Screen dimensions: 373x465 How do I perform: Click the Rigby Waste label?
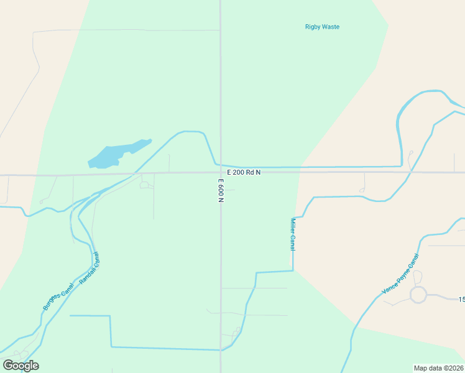pos(322,27)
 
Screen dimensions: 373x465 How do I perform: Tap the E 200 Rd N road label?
pos(243,172)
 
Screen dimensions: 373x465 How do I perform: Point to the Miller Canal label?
pos(293,234)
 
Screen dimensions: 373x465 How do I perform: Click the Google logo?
pos(21,365)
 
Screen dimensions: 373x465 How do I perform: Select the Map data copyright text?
pos(438,367)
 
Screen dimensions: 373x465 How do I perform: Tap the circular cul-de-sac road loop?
pos(418,295)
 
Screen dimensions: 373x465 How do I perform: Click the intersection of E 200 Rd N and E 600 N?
pos(221,172)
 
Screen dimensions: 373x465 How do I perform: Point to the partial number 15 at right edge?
pos(461,300)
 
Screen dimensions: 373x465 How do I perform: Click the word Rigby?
pos(313,27)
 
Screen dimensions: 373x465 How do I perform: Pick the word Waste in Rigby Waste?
pos(331,27)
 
